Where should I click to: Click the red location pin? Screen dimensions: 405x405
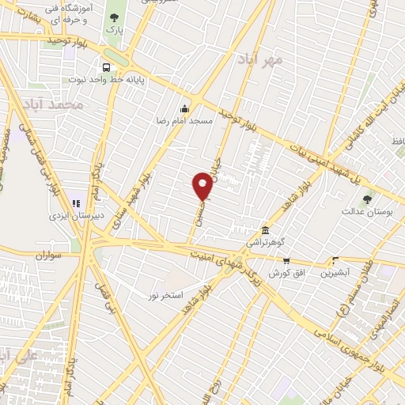[x=203, y=187]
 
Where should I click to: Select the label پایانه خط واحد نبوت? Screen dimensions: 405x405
[x=106, y=80]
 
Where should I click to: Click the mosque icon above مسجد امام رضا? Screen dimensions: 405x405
[x=185, y=109]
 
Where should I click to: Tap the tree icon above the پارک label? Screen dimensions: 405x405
[x=115, y=17]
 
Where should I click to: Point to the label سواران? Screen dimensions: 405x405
[x=48, y=255]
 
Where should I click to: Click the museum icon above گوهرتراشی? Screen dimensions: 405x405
[x=253, y=229]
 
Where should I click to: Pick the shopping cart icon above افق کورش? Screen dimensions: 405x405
[x=287, y=261]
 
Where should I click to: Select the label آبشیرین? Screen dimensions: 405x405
[x=336, y=273]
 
